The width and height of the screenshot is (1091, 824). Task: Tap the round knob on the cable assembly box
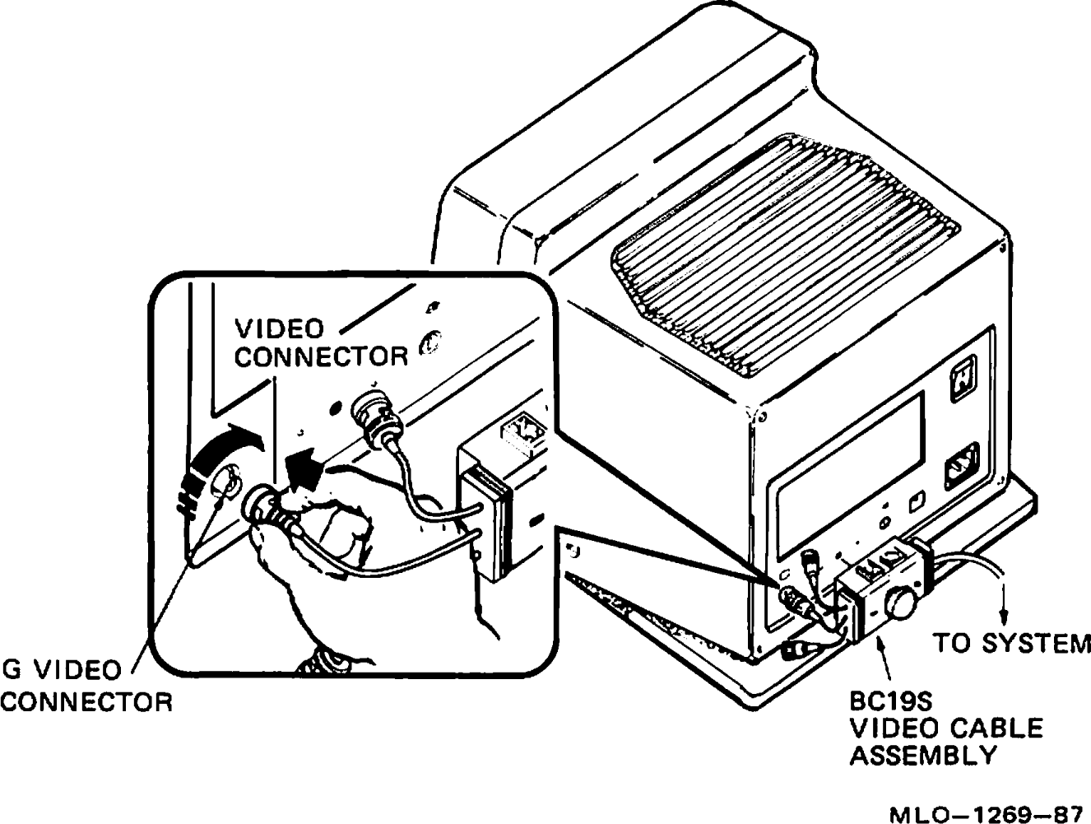pos(903,605)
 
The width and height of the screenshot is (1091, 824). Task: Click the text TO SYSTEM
pos(1010,643)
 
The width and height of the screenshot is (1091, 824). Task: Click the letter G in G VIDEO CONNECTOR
pos(11,671)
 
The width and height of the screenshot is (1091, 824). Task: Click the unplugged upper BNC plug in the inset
pos(375,420)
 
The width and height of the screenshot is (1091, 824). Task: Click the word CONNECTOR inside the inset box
pos(321,356)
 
